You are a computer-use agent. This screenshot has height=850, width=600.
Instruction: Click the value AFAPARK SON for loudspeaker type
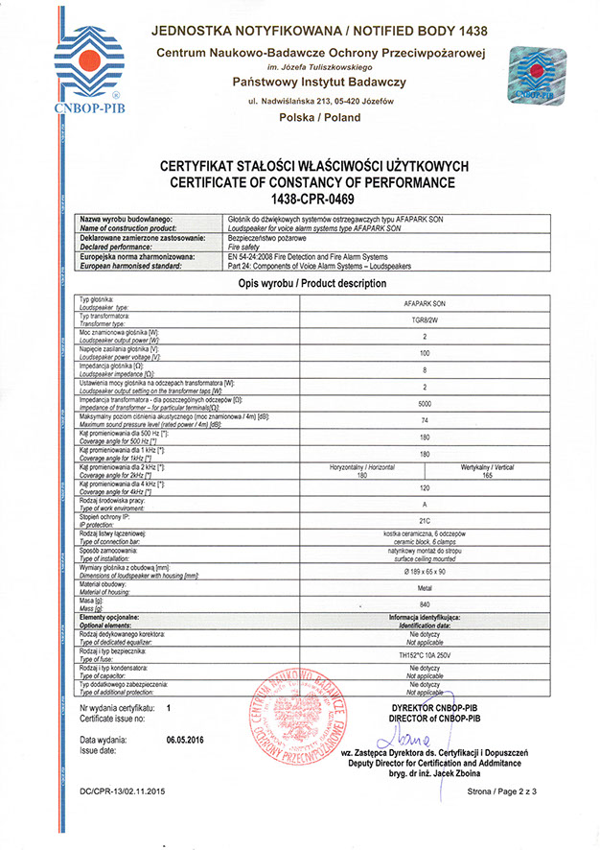click(x=425, y=302)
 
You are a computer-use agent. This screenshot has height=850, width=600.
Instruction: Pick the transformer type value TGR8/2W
click(x=425, y=319)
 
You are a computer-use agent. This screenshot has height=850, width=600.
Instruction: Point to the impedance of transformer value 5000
click(x=425, y=404)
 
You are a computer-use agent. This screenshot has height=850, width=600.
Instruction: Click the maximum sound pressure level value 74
click(x=425, y=420)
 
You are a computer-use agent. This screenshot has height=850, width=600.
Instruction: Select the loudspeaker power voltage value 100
click(x=425, y=353)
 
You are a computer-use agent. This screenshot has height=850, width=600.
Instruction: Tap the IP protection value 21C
click(x=425, y=521)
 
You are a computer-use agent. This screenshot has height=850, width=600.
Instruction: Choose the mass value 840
click(x=425, y=605)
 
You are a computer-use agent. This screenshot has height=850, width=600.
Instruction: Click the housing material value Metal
click(x=425, y=588)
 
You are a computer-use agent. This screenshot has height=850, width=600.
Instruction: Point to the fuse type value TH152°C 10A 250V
click(x=425, y=655)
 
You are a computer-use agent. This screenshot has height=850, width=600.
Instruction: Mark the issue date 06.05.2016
click(x=188, y=741)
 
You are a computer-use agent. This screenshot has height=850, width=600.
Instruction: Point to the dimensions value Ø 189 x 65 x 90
click(x=425, y=572)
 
